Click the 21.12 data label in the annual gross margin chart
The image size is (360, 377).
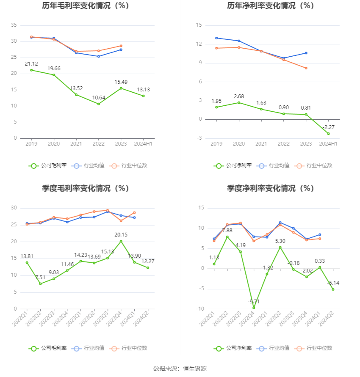(x=31, y=64)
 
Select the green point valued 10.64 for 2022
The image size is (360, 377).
(x=99, y=104)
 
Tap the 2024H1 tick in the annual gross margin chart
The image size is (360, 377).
(x=143, y=144)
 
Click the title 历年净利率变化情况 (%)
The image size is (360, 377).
(x=270, y=6)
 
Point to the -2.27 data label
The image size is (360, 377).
(x=329, y=127)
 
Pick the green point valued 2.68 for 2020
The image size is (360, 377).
(x=239, y=102)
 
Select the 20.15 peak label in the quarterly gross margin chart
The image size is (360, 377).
(x=121, y=234)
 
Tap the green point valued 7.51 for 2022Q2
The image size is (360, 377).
(x=40, y=284)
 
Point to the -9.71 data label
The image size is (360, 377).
(x=253, y=301)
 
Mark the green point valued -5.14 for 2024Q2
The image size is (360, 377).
(x=333, y=289)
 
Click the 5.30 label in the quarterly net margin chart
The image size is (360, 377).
(x=280, y=241)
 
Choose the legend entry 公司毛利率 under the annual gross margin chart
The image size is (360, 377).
(x=48, y=165)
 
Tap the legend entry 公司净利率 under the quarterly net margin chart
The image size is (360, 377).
(x=233, y=348)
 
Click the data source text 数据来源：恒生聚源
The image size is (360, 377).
(x=180, y=369)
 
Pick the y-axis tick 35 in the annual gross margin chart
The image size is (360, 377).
(x=14, y=25)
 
